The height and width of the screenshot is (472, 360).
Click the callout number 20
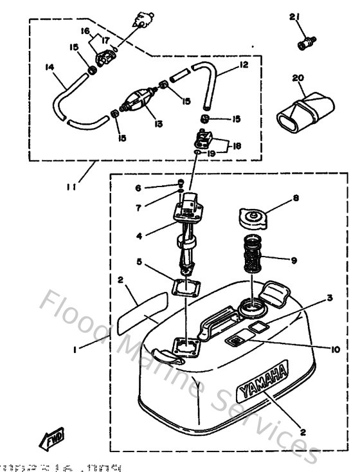click(x=297, y=78)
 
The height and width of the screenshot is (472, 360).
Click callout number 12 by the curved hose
click(x=244, y=64)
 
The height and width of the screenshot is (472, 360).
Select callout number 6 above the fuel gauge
click(x=138, y=188)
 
